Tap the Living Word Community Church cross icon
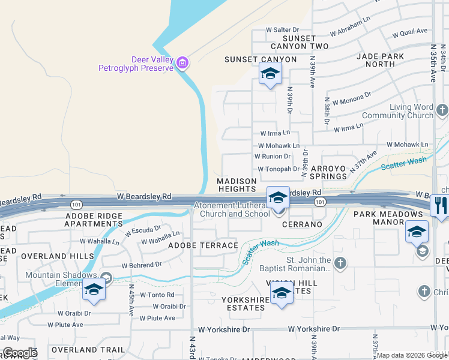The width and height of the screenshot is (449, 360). point(442,110)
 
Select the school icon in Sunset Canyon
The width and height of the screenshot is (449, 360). point(270,75)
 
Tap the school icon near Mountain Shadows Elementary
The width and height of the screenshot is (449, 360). point(94,290)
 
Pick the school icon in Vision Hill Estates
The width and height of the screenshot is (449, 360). point(281,294)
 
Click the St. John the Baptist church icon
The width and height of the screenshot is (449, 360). point(340,263)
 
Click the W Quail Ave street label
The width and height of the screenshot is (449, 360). point(410,31)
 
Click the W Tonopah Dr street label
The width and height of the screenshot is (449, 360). point(278,169)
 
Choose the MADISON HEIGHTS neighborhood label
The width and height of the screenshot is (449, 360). point(237,185)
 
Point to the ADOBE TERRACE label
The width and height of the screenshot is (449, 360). point(203,245)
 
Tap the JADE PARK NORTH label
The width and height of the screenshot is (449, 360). point(384,59)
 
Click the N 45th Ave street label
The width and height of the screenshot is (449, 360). point(131,300)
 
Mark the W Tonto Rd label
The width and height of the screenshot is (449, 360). point(157,295)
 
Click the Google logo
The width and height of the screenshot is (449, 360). point(20,353)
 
